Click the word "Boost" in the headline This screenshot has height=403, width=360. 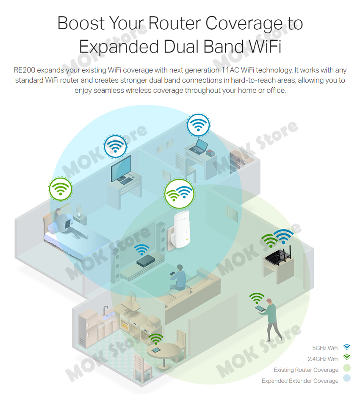(80, 23)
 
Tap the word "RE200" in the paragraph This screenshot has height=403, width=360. (25, 70)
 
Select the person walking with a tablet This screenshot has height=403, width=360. (271, 318)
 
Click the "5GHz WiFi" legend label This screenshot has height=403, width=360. (325, 348)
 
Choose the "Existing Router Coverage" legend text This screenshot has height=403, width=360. (306, 370)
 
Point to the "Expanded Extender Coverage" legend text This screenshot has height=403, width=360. (300, 381)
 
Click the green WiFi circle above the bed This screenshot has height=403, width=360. (60, 189)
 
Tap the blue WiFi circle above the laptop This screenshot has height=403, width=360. (198, 124)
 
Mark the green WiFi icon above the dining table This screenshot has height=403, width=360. (156, 339)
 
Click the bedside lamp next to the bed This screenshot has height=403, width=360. (79, 211)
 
